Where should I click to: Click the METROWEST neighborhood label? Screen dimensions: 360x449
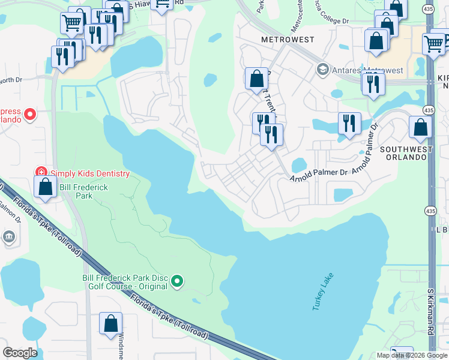point(288,40)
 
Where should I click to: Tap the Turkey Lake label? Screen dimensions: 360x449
point(322,292)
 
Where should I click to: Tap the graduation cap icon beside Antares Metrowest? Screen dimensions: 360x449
point(323,70)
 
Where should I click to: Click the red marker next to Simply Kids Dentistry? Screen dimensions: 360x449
point(41,173)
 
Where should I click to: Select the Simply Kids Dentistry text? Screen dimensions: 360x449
point(89,173)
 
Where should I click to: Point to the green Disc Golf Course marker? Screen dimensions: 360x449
point(177,281)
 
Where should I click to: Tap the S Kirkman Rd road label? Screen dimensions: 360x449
point(430,321)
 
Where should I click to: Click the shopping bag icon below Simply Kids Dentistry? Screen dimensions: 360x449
point(45,186)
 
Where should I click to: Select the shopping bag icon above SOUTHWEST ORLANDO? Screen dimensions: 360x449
point(420,127)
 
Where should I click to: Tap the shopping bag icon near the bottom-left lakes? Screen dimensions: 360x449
point(110,323)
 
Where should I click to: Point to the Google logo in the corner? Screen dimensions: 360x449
point(20,353)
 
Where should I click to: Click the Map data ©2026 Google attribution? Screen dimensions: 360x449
point(412,355)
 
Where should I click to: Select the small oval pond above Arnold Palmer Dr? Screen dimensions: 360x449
point(298,165)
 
